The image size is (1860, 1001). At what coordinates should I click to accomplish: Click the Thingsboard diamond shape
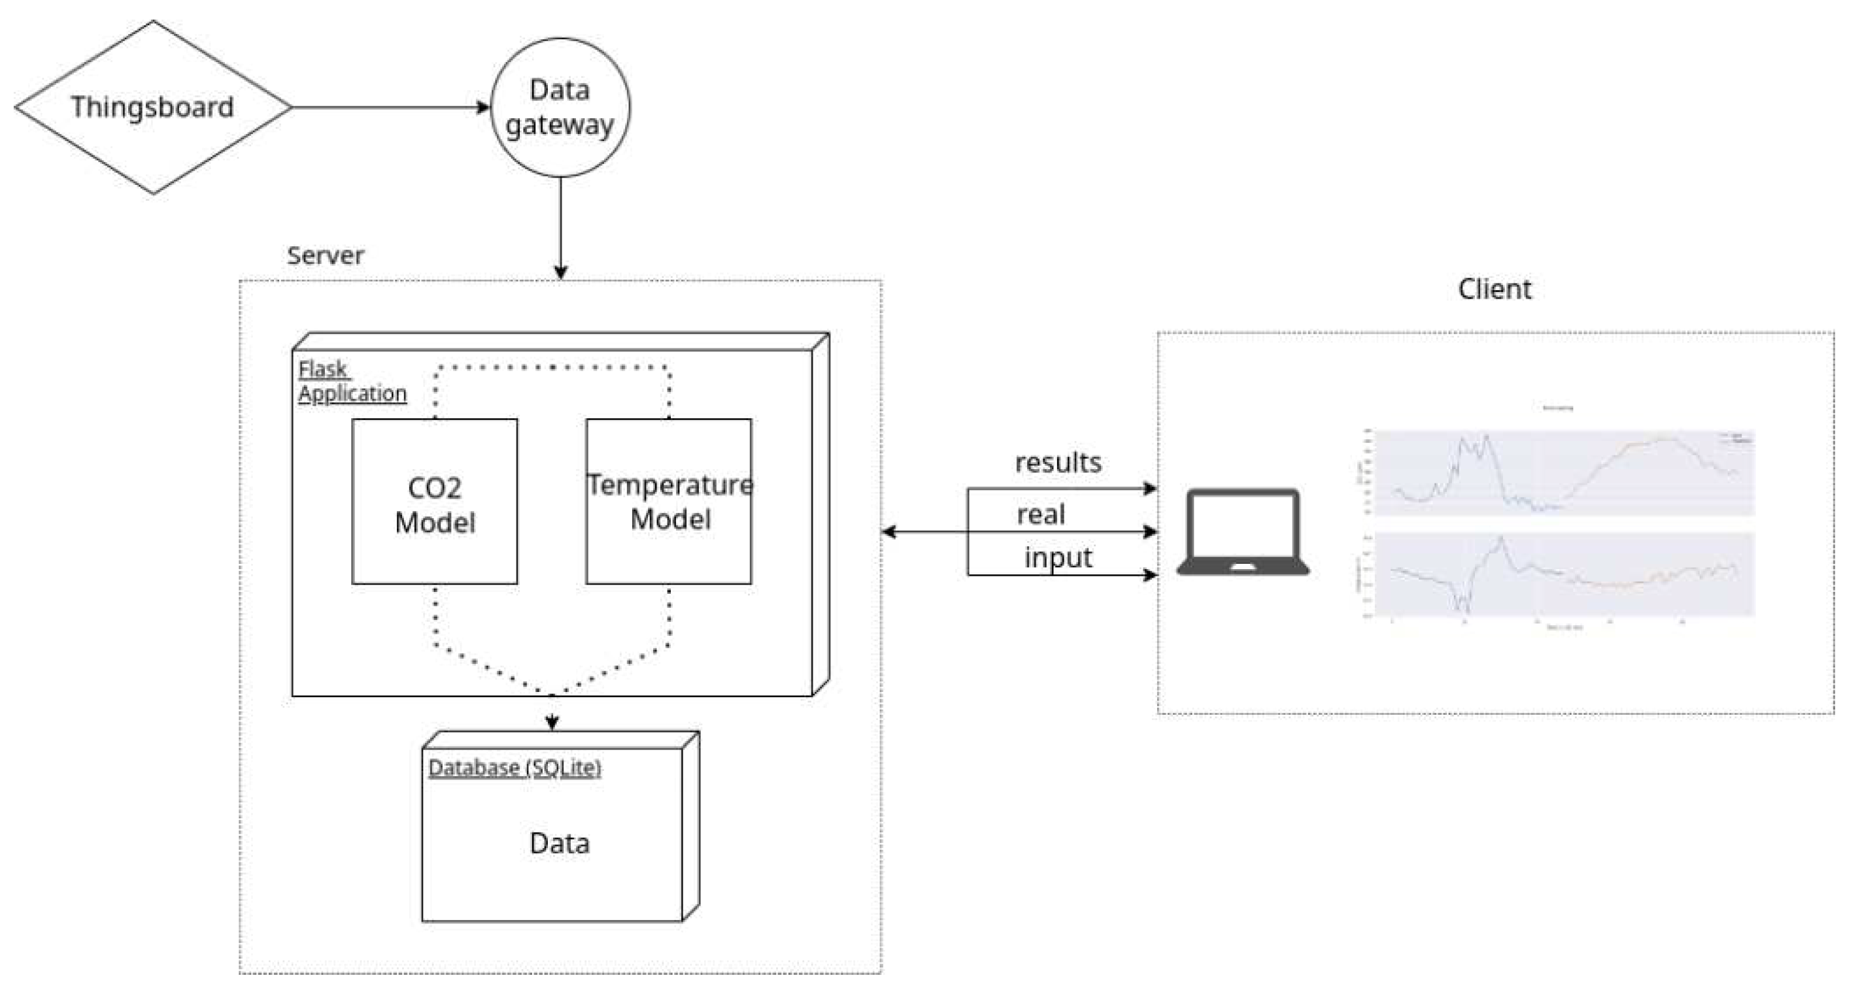pyautogui.click(x=152, y=107)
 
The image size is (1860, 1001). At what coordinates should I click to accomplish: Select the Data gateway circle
pyautogui.click(x=560, y=108)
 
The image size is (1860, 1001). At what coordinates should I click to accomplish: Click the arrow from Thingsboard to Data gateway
pyautogui.click(x=390, y=108)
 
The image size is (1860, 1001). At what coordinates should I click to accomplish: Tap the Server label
pyautogui.click(x=325, y=255)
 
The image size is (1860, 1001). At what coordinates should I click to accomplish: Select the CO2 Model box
pyautogui.click(x=435, y=502)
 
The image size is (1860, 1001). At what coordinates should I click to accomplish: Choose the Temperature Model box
pyautogui.click(x=669, y=502)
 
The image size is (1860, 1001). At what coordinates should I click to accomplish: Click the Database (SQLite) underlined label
pyautogui.click(x=514, y=768)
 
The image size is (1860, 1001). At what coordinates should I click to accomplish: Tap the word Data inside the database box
pyautogui.click(x=560, y=843)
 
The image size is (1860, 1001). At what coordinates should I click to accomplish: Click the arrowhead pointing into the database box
pyautogui.click(x=552, y=722)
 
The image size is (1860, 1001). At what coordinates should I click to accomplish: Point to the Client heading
pyautogui.click(x=1494, y=289)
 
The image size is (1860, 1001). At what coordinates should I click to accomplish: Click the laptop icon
pyautogui.click(x=1243, y=533)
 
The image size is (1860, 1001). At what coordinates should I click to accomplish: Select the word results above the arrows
pyautogui.click(x=1058, y=463)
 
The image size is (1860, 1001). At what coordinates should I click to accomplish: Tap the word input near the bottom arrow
pyautogui.click(x=1058, y=558)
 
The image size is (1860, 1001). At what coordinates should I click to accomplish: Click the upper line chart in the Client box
pyautogui.click(x=1564, y=472)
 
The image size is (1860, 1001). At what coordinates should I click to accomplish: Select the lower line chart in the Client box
pyautogui.click(x=1564, y=574)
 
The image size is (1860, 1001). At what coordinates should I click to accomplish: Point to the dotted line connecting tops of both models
pyautogui.click(x=552, y=367)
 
